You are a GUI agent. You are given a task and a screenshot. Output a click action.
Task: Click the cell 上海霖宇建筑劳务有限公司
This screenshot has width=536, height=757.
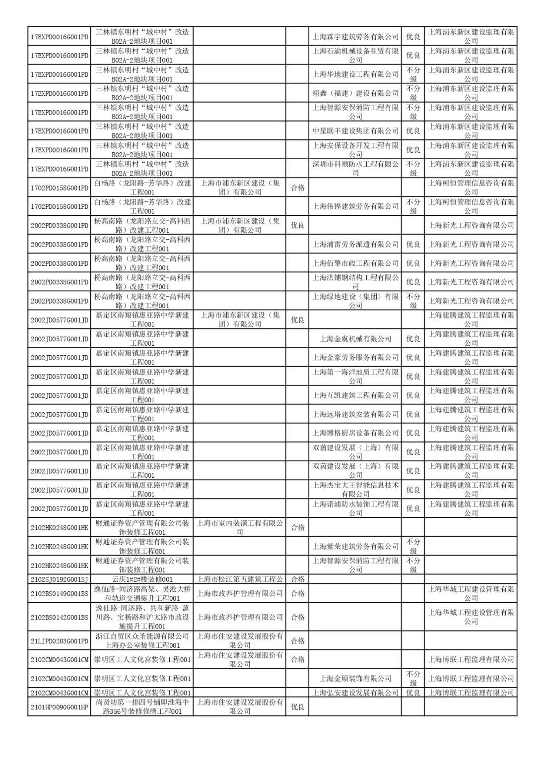pyautogui.click(x=355, y=36)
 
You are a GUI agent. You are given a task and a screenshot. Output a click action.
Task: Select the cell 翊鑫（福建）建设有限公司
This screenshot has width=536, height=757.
pyautogui.click(x=355, y=93)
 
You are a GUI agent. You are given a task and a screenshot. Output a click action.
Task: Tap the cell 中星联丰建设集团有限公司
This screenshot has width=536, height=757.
pyautogui.click(x=355, y=130)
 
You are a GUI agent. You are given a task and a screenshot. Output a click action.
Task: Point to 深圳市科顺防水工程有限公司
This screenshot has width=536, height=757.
pyautogui.click(x=355, y=169)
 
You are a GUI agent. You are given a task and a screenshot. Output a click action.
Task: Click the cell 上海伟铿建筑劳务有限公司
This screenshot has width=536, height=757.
pyautogui.click(x=355, y=206)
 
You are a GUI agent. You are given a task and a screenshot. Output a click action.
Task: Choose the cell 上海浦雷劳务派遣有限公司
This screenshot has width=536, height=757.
pyautogui.click(x=355, y=244)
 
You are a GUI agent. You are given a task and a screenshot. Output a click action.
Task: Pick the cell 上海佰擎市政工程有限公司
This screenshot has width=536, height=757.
pyautogui.click(x=355, y=263)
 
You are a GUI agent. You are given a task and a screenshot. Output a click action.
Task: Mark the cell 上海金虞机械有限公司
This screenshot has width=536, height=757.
pyautogui.click(x=355, y=339)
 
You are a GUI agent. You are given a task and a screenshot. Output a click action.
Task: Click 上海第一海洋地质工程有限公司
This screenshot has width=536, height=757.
pyautogui.click(x=355, y=377)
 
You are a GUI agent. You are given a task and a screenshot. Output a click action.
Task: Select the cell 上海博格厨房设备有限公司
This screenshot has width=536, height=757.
pyautogui.click(x=355, y=433)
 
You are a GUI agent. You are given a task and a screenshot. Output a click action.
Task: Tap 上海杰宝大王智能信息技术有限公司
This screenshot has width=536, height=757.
pyautogui.click(x=355, y=490)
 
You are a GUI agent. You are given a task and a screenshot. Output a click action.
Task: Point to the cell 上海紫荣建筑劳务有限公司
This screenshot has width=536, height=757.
pyautogui.click(x=355, y=546)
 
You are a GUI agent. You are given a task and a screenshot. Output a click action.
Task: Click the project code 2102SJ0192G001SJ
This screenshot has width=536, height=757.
pyautogui.click(x=59, y=579)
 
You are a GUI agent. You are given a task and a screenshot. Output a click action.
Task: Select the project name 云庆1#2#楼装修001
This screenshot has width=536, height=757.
pyautogui.click(x=142, y=579)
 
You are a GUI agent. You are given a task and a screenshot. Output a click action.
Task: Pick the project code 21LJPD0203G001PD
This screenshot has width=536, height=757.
pyautogui.click(x=59, y=641)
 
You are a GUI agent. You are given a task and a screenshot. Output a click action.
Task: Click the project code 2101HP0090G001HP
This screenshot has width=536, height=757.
pyautogui.click(x=59, y=707)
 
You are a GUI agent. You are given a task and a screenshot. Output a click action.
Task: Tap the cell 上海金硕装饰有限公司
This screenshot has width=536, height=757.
pyautogui.click(x=355, y=678)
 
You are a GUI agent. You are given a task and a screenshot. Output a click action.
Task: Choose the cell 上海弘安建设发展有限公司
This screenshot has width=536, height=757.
pyautogui.click(x=355, y=693)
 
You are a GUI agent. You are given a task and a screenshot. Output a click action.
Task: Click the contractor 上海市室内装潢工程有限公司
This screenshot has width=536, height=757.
pyautogui.click(x=240, y=527)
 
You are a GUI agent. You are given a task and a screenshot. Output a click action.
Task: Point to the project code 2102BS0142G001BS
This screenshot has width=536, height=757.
pyautogui.click(x=59, y=617)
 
